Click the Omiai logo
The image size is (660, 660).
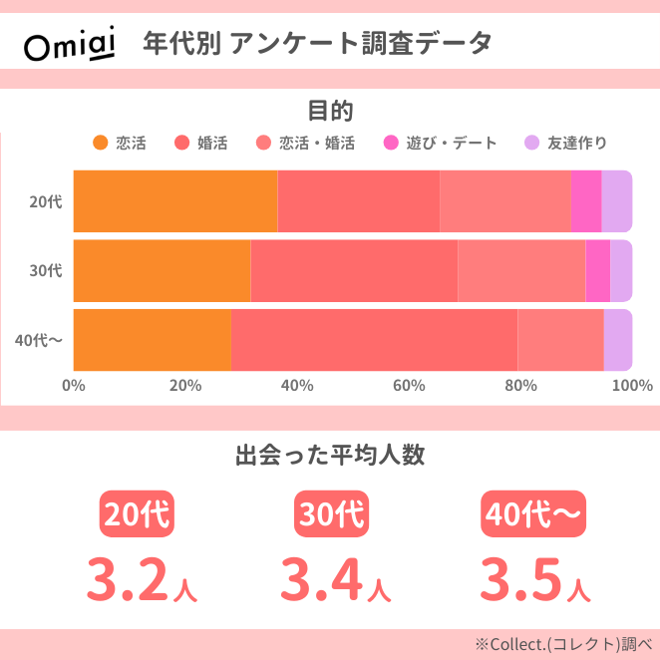click(x=67, y=45)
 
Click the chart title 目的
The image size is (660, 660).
click(x=330, y=110)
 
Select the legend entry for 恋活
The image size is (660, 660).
click(x=120, y=143)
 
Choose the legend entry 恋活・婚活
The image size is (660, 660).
click(x=306, y=143)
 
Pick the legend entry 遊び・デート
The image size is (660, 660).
click(x=441, y=143)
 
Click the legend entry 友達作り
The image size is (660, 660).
click(x=565, y=143)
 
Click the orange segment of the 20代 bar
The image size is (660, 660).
click(x=174, y=200)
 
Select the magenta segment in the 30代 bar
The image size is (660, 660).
click(x=597, y=270)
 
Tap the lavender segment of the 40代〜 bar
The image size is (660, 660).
click(x=617, y=339)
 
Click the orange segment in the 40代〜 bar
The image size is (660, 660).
click(x=152, y=339)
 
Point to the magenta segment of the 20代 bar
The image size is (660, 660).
click(x=586, y=200)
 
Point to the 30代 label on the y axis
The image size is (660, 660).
click(x=46, y=270)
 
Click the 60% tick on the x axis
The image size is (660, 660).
click(x=409, y=385)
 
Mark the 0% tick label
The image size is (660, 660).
click(x=74, y=385)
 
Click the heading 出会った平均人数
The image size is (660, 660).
click(x=330, y=456)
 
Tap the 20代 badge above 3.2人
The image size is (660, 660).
click(x=138, y=514)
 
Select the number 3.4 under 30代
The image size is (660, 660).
click(x=320, y=578)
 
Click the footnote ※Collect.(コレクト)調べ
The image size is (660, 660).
click(x=563, y=643)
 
